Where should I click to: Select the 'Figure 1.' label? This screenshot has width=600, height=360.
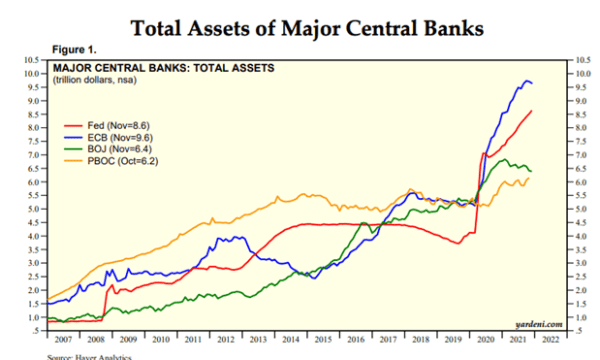pos(75,49)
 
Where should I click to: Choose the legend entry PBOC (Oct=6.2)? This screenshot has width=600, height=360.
pos(112,159)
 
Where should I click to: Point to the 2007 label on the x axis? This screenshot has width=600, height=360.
pos(63,340)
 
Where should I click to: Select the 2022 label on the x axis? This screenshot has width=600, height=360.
pos(549,340)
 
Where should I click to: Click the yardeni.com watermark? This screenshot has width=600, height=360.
pos(538,324)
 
